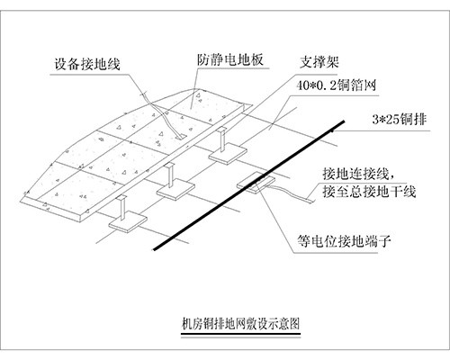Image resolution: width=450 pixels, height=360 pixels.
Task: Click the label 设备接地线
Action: (x=87, y=64)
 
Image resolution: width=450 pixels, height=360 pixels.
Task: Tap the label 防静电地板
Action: (x=230, y=59)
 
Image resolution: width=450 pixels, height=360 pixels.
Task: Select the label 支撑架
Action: (x=319, y=62)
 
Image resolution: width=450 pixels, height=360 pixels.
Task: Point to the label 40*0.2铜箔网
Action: (x=336, y=85)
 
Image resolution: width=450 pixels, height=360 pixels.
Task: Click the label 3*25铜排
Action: (x=400, y=119)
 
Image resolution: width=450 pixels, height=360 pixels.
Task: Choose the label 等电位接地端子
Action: (x=344, y=241)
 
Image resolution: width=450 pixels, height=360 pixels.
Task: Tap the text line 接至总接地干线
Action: (x=369, y=191)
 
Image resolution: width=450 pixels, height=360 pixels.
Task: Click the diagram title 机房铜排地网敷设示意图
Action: (x=240, y=324)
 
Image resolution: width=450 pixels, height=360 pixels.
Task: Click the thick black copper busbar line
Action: (x=249, y=185)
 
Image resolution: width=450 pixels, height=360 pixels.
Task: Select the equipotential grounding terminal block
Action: (x=256, y=183)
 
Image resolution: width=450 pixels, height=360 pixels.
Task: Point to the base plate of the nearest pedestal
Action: (x=128, y=221)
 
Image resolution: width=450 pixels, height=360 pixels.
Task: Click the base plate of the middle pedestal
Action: (x=175, y=189)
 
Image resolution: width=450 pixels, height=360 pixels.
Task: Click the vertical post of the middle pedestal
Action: (x=170, y=175)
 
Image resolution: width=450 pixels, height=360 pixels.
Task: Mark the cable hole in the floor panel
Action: (x=181, y=138)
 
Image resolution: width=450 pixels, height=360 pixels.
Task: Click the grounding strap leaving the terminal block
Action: (x=291, y=193)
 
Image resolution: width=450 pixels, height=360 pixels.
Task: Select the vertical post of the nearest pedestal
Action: (x=122, y=208)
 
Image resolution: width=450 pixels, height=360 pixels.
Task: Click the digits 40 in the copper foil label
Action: (x=302, y=85)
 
